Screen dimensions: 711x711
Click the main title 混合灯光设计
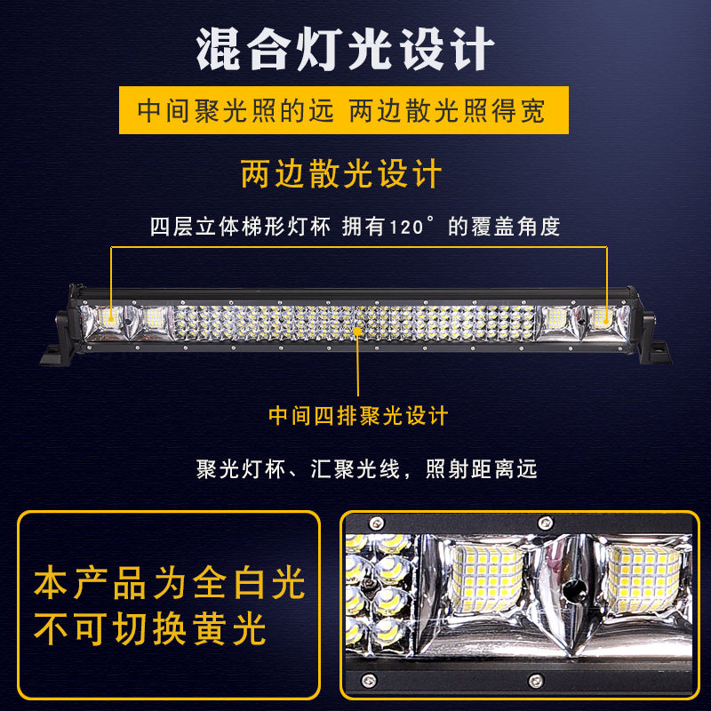345,49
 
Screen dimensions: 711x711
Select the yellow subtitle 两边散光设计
341,173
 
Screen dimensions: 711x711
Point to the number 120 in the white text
406,228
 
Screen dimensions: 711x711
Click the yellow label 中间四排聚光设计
358,416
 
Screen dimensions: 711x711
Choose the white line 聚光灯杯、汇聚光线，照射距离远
366,469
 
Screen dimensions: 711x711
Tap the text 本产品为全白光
169,583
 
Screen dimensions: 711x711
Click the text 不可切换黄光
149,628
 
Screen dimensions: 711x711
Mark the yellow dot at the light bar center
358,332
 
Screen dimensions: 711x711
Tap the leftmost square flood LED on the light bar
110,318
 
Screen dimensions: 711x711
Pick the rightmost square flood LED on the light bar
602,317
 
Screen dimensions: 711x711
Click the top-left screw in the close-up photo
376,523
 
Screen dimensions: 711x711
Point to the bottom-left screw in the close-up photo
368,680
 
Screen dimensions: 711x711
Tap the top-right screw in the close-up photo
546,523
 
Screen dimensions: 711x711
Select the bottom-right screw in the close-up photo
536,680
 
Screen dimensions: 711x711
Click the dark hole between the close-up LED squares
573,591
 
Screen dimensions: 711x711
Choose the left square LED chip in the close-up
487,577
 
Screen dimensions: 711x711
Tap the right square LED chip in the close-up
643,577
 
